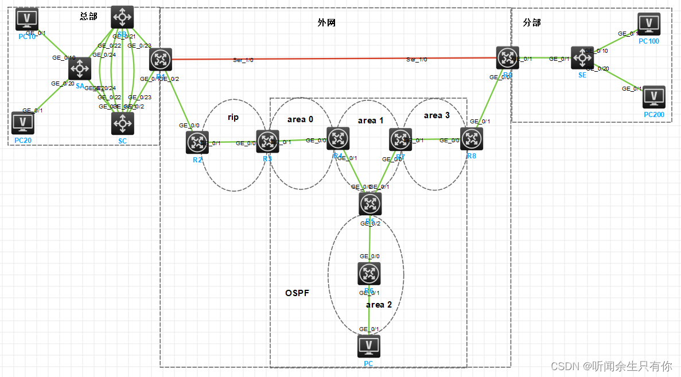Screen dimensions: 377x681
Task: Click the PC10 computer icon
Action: coord(27,19)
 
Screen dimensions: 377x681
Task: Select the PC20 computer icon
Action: coord(23,123)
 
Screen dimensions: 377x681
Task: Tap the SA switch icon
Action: coord(80,69)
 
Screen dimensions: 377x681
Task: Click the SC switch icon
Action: coord(122,123)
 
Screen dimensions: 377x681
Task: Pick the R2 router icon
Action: coord(197,142)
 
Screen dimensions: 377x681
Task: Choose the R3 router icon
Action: coord(267,142)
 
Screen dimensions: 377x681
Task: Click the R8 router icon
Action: coord(472,139)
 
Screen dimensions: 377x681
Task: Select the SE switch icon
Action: coord(582,58)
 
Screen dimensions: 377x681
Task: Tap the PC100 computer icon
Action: coord(649,24)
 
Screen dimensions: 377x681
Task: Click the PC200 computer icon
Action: coord(653,97)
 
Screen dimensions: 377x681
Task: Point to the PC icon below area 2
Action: coord(368,346)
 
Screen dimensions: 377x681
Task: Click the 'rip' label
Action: coord(233,117)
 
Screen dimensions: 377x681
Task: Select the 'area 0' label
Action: coord(300,119)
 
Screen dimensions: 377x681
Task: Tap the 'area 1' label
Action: coord(371,121)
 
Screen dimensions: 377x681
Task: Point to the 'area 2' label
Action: coord(379,305)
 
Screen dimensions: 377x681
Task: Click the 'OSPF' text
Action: coord(297,293)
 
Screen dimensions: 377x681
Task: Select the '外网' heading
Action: coord(326,22)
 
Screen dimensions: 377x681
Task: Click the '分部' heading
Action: coord(532,22)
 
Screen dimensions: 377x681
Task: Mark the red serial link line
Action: coord(333,59)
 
